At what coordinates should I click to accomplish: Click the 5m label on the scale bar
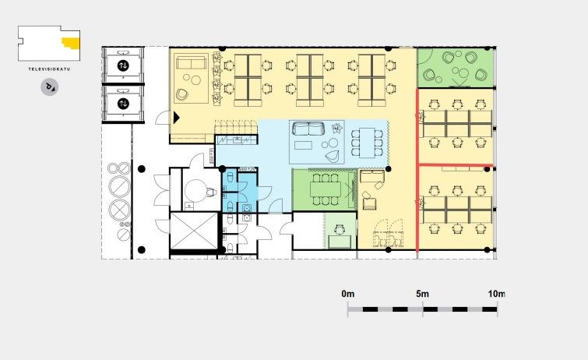point(422,294)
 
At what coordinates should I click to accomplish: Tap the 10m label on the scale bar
point(496,294)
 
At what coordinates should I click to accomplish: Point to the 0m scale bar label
point(347,294)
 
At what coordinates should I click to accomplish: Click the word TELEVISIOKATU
point(49,69)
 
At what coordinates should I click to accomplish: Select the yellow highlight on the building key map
point(72,43)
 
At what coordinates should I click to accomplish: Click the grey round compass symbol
point(50,87)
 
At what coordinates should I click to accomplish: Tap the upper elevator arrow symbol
point(123,65)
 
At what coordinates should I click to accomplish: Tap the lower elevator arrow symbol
point(123,103)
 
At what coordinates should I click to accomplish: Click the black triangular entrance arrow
point(176,118)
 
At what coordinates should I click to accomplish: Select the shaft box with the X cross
point(194,231)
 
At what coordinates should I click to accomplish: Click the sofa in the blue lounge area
point(308,129)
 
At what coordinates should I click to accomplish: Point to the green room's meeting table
point(325,189)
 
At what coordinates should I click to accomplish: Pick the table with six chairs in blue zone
point(367,143)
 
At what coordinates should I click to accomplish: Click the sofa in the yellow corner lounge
point(192,62)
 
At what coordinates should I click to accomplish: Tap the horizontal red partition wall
point(456,164)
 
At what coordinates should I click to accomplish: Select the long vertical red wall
point(417,169)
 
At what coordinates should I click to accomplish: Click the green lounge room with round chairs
point(455,68)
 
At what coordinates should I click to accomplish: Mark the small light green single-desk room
point(340,231)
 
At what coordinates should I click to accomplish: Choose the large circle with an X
point(119,210)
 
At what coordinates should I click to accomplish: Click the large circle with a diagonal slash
point(119,185)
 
